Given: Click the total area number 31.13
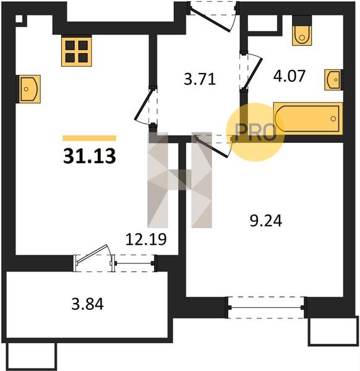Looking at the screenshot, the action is tap(90, 156).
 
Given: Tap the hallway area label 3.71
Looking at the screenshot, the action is tap(200, 79).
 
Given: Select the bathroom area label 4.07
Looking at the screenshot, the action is tap(289, 76).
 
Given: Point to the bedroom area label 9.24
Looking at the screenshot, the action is tap(266, 221).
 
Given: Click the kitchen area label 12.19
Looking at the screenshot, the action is tap(146, 239).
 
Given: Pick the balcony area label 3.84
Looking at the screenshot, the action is tap(88, 304).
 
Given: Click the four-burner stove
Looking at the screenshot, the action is tap(77, 51).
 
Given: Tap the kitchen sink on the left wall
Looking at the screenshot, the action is tap(28, 89).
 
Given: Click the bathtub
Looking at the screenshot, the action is tap(308, 119).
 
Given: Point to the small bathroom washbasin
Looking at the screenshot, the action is tap(333, 80).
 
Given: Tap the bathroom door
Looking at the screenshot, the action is tap(251, 71).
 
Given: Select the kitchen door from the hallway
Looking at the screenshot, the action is tap(146, 106).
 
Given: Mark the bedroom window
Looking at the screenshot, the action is tap(267, 307).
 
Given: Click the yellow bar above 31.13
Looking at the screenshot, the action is tap(90, 138).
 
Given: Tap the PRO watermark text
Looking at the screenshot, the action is tap(255, 132).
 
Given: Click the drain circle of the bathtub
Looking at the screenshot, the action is tap(333, 119).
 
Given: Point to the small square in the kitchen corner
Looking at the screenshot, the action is tap(19, 19).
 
